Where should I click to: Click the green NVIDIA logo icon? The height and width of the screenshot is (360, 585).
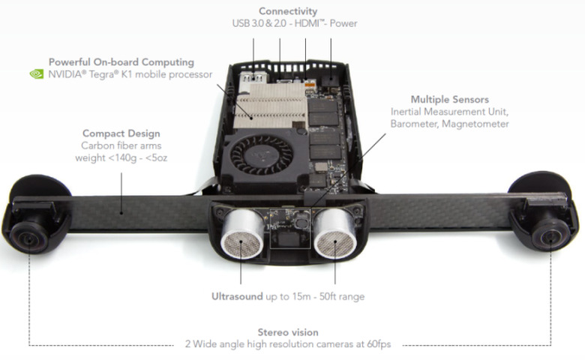click(37, 73)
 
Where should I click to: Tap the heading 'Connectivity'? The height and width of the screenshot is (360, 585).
click(288, 11)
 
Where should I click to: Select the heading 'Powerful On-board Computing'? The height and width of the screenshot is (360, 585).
click(121, 62)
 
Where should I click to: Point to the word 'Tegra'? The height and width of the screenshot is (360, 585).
click(91, 74)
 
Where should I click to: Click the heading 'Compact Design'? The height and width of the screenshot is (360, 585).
click(121, 133)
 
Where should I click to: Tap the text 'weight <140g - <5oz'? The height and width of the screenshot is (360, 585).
click(121, 157)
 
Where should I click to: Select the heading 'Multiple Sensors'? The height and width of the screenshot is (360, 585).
click(450, 100)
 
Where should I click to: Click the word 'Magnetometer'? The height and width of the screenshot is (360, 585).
click(475, 124)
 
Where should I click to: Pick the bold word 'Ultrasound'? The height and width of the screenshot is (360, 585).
click(237, 296)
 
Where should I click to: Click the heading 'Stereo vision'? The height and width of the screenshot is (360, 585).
click(288, 332)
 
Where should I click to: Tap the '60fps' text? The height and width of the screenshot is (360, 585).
click(379, 344)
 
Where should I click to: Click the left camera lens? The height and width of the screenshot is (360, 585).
click(28, 237)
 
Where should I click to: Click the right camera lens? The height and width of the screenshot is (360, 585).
click(550, 235)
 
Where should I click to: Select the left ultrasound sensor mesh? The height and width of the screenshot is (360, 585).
click(241, 244)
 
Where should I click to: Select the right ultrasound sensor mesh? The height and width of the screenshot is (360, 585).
click(335, 244)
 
